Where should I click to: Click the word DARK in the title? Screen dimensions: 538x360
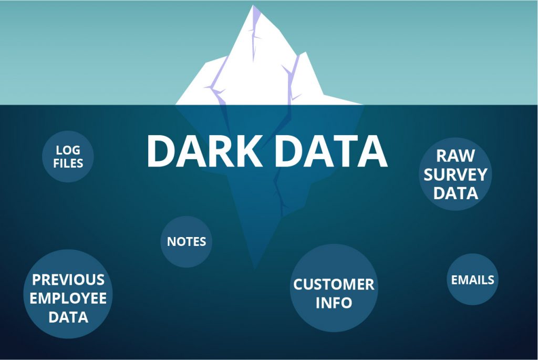pos(205,151)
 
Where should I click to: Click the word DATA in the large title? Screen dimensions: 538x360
pos(331,151)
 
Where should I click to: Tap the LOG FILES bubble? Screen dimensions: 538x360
pos(68,157)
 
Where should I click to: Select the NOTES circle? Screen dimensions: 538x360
pos(187,242)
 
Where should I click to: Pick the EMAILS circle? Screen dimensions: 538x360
pos(472,280)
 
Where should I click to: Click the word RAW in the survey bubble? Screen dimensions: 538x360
pos(456,156)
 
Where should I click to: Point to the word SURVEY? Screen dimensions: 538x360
pos(456,174)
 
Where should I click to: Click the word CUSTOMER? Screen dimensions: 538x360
pos(334,284)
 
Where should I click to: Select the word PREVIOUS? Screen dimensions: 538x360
pos(68,280)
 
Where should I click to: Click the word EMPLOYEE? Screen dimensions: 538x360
pos(68,298)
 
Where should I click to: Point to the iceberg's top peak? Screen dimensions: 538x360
pos(253,5)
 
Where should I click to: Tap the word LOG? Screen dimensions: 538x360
pos(68,150)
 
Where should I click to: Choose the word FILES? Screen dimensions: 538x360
pos(68,163)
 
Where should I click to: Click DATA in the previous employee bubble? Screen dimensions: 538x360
pos(68,317)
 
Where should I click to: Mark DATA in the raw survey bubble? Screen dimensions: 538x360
pos(456,193)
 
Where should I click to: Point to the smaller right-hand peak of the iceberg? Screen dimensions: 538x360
pos(305,53)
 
